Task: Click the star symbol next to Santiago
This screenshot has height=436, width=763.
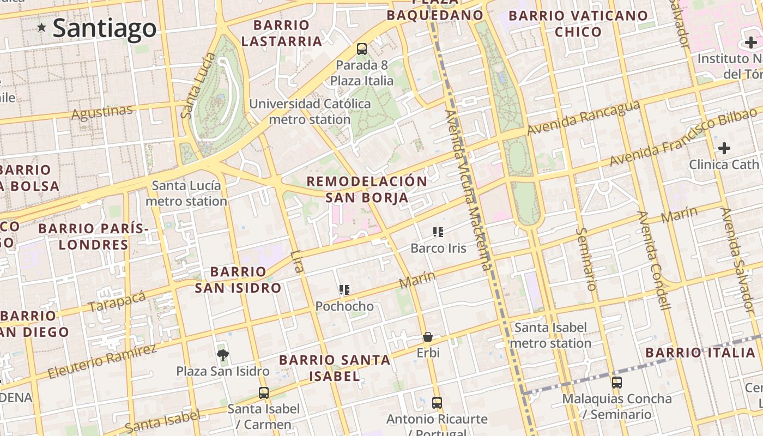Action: tap(41, 27)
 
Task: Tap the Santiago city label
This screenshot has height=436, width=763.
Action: tap(105, 28)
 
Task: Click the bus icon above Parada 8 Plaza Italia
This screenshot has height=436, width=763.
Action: tap(361, 49)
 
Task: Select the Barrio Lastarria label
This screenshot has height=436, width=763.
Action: tap(281, 33)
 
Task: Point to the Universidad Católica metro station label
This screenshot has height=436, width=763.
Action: tap(310, 111)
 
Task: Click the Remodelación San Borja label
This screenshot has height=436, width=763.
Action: tap(367, 189)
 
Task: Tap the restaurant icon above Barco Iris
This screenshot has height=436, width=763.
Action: tap(438, 232)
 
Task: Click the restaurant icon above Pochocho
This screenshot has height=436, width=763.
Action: tap(344, 290)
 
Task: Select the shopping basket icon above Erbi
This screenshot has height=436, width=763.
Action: tap(428, 337)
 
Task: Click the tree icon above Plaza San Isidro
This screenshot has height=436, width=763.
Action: tap(222, 355)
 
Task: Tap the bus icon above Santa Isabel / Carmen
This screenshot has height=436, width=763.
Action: tap(264, 392)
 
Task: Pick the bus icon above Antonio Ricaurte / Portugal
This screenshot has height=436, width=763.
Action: tap(437, 403)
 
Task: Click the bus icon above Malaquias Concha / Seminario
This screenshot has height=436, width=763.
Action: tap(616, 383)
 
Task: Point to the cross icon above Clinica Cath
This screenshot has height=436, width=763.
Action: tap(724, 148)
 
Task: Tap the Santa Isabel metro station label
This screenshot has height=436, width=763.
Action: tap(550, 335)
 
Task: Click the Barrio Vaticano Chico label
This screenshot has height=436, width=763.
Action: tap(578, 23)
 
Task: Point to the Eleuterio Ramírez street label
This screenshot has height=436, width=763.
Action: tap(101, 361)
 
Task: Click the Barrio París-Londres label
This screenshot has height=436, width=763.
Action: tap(93, 237)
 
